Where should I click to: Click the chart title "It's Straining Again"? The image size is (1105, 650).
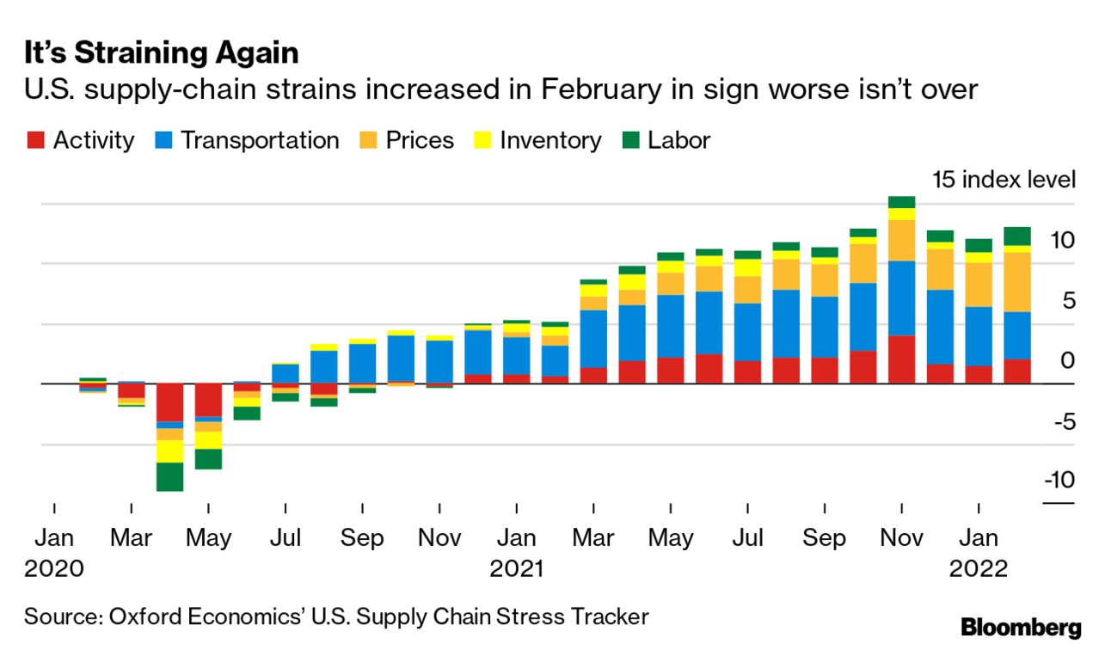161,53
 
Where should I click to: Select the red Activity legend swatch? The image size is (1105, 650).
34,141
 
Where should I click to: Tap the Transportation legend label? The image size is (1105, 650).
260,141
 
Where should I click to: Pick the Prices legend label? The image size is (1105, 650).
419,141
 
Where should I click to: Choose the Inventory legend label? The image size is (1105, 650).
550,141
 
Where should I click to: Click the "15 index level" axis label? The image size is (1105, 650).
1004,180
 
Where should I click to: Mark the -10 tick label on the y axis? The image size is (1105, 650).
1058,480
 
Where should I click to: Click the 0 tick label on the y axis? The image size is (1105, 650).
1067,360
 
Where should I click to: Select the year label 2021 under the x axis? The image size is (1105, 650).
517,568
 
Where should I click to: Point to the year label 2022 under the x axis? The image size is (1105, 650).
978,568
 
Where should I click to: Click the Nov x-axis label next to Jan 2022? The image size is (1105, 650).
900,538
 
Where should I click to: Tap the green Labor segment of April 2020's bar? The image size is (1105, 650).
169,476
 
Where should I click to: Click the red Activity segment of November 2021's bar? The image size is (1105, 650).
901,359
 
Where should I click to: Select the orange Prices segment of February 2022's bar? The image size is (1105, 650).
1017,282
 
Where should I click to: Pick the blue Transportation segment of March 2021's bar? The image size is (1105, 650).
593,339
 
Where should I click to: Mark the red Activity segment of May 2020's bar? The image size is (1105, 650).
208,401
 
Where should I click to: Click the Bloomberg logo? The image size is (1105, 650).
1021,627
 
